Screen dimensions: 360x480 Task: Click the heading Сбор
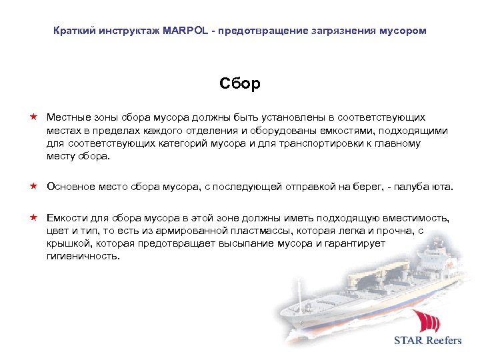point(240,84)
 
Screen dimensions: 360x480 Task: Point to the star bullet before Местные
point(32,117)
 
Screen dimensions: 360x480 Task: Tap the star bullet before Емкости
point(32,217)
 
